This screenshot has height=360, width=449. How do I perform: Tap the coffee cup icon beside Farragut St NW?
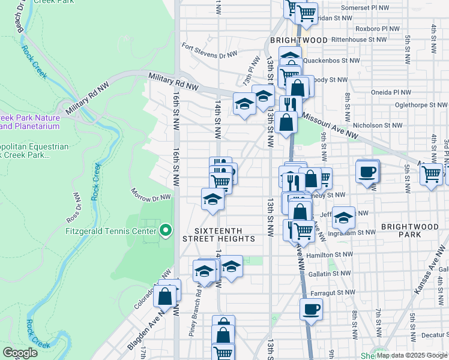coord(310,310)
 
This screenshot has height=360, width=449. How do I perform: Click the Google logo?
coord(20,353)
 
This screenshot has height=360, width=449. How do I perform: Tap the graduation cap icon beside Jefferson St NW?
coord(344,217)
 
